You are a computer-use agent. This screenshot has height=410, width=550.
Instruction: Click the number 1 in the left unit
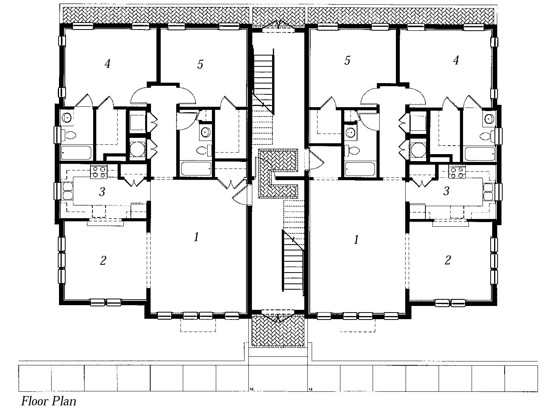click(x=196, y=237)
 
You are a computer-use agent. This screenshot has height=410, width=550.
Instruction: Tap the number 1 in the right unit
click(x=356, y=240)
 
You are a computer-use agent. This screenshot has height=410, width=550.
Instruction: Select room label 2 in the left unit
click(x=103, y=261)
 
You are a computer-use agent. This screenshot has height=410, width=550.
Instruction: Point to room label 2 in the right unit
click(x=448, y=260)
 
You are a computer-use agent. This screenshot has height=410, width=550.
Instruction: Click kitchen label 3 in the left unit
click(x=102, y=191)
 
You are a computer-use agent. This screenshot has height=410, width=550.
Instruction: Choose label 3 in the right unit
click(x=446, y=191)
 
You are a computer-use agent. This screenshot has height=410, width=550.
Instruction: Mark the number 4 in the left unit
click(x=108, y=64)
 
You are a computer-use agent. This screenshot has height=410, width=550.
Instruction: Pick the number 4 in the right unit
click(x=456, y=60)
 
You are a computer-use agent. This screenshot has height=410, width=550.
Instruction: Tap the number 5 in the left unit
click(x=200, y=64)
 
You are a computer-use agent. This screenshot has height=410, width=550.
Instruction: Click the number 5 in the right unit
click(x=347, y=60)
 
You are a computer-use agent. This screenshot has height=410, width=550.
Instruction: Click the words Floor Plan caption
click(x=49, y=401)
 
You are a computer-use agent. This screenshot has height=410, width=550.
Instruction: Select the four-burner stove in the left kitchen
click(x=99, y=172)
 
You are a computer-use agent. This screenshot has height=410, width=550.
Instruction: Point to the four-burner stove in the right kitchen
click(x=457, y=172)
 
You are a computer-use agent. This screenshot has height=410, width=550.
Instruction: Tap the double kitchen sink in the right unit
click(x=488, y=191)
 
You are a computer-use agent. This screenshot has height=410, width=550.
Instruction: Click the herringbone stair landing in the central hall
click(x=278, y=173)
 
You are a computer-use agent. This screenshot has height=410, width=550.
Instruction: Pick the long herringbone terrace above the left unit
click(x=155, y=15)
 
